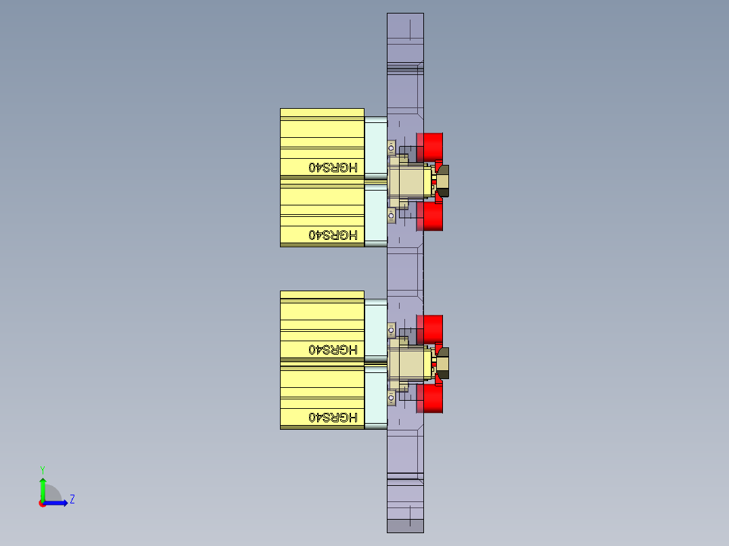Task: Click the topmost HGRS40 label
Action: click(x=333, y=167)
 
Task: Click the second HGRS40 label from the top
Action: click(x=333, y=234)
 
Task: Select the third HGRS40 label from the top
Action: click(x=333, y=349)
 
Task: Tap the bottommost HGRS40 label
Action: click(x=333, y=417)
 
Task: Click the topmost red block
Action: click(x=430, y=147)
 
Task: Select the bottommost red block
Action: click(x=430, y=399)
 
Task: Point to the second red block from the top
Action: click(x=430, y=216)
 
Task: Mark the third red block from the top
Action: click(x=430, y=328)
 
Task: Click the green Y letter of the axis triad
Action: click(x=42, y=469)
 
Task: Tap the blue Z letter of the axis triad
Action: click(x=72, y=499)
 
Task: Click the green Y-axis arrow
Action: click(x=43, y=488)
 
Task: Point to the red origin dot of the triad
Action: click(x=42, y=503)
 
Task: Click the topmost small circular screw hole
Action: click(x=391, y=147)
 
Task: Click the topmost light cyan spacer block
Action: click(x=375, y=147)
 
